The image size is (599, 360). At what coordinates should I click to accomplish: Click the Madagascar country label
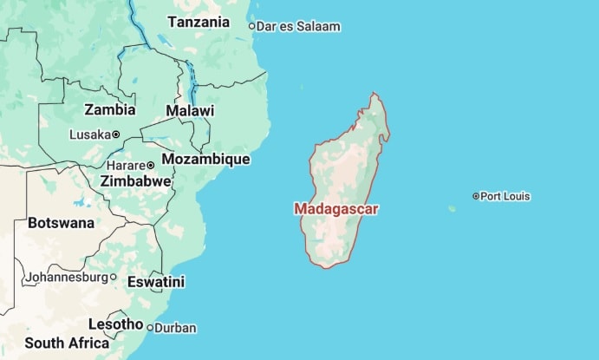coord(336,209)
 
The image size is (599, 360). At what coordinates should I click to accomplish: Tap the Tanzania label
coord(199,22)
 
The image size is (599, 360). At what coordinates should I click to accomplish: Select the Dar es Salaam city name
coord(300,27)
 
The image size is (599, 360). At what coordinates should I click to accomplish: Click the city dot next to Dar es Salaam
coord(252,26)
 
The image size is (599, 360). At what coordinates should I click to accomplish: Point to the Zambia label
coord(109,110)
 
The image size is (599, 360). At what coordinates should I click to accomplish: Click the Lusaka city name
coord(90,134)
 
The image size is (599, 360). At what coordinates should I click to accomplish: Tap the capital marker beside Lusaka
coord(116,134)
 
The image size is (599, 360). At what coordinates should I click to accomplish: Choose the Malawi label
coord(190,111)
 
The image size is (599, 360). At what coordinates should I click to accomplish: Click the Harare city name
coord(125,165)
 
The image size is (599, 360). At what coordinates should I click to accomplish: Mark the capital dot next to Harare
coord(150,165)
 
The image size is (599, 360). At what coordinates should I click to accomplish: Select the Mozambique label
coord(206,160)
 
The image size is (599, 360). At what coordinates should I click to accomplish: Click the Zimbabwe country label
coord(136,181)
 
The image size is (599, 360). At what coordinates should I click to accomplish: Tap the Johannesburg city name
coord(67,278)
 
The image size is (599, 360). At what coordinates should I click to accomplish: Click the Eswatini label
coord(156,282)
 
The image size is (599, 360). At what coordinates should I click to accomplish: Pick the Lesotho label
coord(115,324)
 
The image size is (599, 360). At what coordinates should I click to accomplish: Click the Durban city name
coord(176,328)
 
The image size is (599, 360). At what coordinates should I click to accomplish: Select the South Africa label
coord(67,343)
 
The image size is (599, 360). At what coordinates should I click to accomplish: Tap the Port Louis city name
coord(505,196)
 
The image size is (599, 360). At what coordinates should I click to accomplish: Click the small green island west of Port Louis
coord(452,208)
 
